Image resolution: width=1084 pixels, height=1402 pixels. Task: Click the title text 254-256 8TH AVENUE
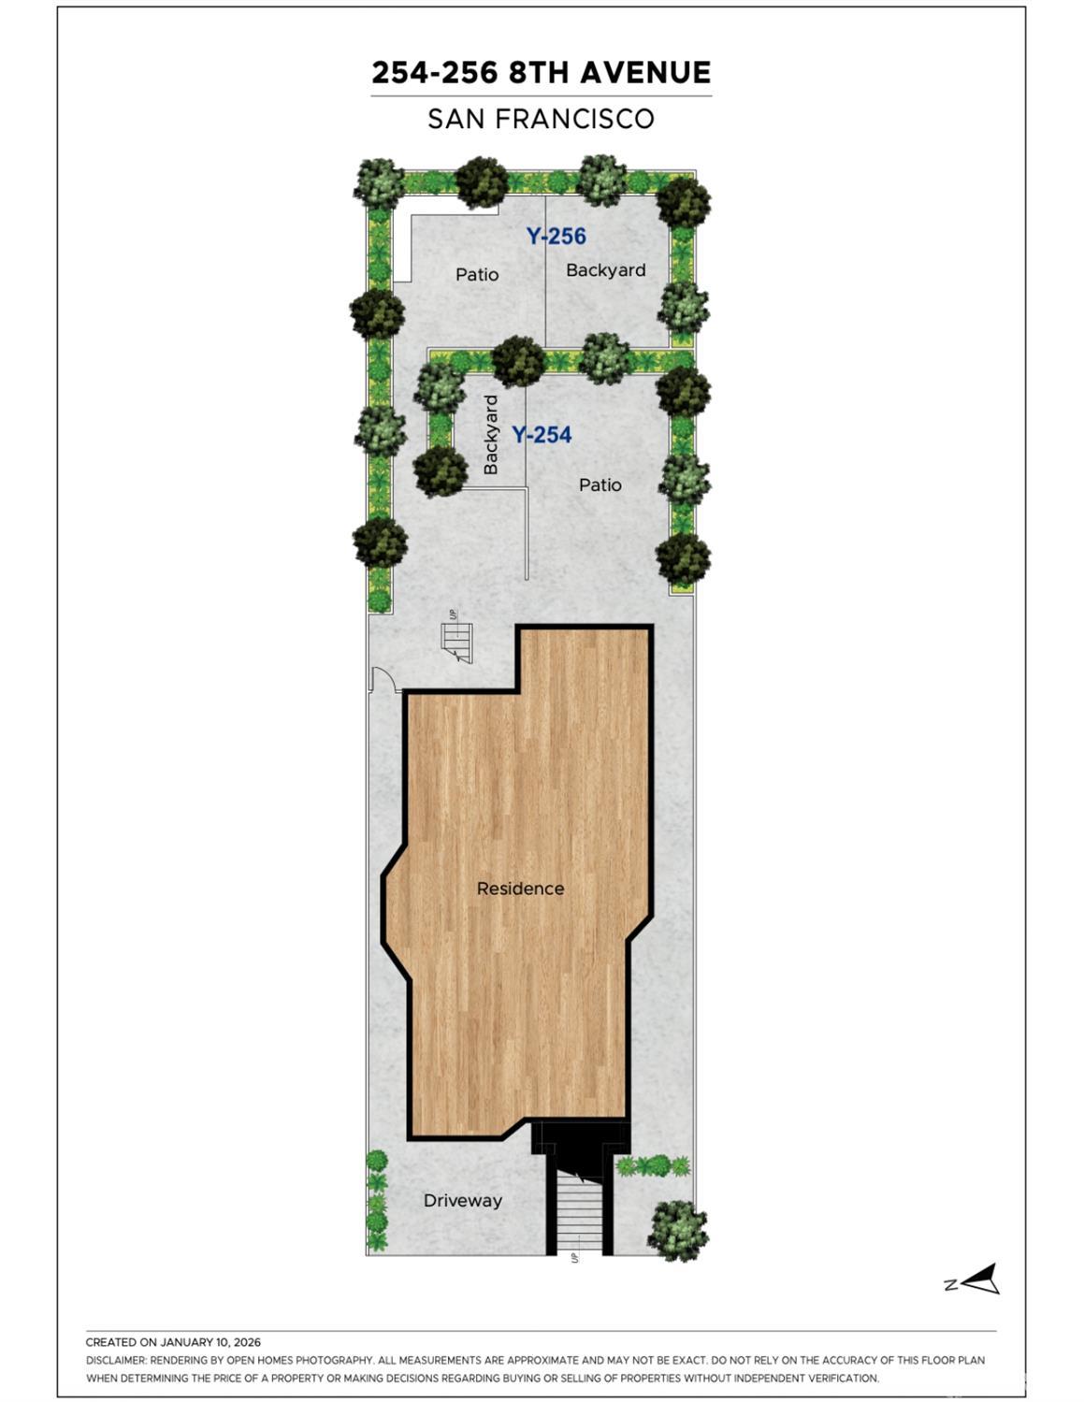coord(541,72)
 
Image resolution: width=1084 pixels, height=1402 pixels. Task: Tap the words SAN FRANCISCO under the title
coord(541,119)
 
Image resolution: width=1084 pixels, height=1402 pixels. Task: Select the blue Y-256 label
coord(556,236)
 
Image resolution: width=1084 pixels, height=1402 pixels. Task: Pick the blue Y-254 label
coord(542,435)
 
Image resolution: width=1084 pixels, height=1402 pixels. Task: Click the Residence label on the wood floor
coord(520,889)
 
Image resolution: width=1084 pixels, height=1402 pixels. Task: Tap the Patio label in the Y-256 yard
coord(477,275)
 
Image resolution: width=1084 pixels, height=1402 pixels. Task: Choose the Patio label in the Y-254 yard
coord(600,485)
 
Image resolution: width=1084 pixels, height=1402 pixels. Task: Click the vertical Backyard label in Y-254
coord(491,435)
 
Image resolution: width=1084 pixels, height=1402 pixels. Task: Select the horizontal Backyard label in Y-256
coord(606,270)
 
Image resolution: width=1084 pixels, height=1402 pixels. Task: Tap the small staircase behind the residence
coord(456,643)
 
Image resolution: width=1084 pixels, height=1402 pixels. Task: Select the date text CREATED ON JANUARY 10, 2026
coord(173,1342)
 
